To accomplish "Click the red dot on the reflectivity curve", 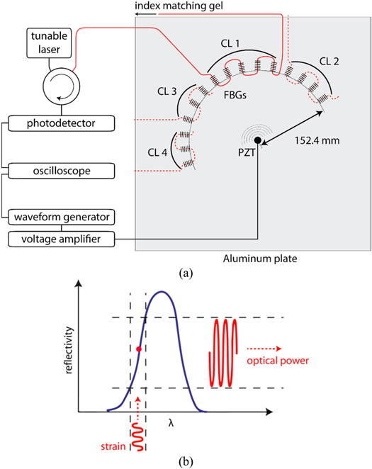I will [139, 349].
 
